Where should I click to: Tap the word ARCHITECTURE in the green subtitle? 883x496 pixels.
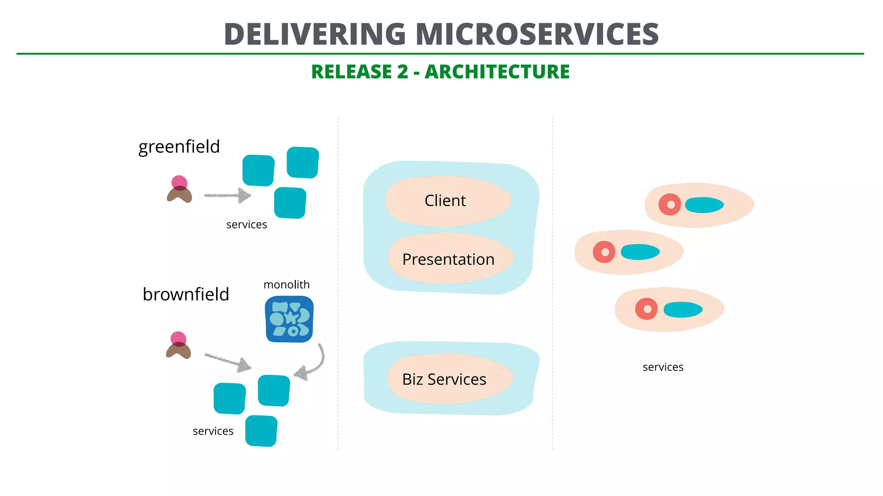coord(497,72)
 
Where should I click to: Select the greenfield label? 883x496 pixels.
coord(179,147)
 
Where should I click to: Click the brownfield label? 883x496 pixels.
coord(186,294)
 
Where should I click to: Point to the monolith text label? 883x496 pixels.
coord(286,285)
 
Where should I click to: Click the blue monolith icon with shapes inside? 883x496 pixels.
coord(289,319)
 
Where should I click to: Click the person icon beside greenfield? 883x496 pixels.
coord(179,190)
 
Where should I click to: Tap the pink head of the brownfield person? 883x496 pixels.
coord(178,338)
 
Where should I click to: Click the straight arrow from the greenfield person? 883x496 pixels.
coord(227,195)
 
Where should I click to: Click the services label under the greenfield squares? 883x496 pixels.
coord(246,225)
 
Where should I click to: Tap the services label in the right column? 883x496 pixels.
coord(663,367)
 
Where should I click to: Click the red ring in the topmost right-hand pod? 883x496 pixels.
coord(670,205)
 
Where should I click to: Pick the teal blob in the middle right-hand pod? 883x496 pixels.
coord(640,252)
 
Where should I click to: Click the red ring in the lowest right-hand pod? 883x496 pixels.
coord(646,309)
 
